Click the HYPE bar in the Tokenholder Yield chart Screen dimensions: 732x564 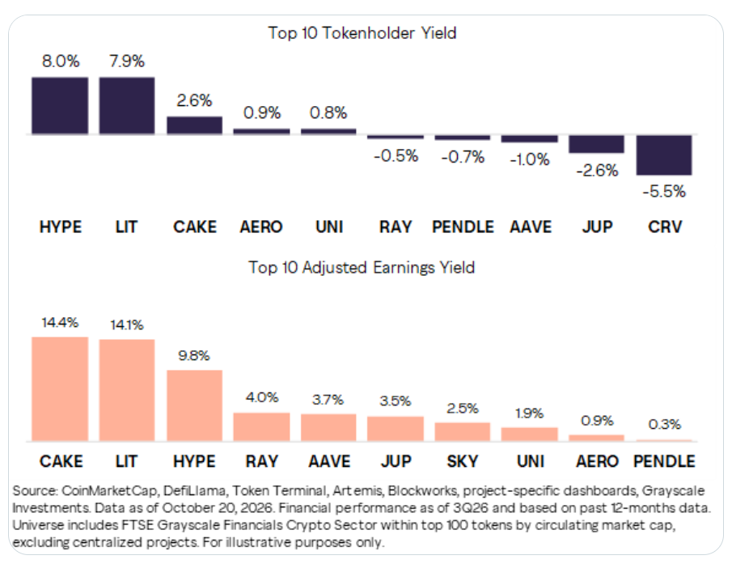(x=60, y=106)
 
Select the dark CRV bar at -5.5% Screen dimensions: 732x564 (x=664, y=155)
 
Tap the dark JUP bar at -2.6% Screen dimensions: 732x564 (x=596, y=144)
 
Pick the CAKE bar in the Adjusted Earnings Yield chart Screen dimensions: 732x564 (x=60, y=389)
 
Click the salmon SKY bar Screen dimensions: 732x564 (x=463, y=432)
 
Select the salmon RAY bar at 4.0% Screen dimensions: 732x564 (x=261, y=426)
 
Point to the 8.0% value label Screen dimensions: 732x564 (x=61, y=61)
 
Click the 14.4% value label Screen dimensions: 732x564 (x=60, y=323)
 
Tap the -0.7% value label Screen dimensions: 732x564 (x=463, y=157)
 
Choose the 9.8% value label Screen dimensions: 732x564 (x=194, y=356)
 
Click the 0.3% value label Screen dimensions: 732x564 (x=665, y=424)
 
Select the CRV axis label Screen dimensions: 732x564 (x=665, y=227)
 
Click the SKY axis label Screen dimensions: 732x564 (x=463, y=461)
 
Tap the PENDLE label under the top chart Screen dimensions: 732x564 (x=463, y=227)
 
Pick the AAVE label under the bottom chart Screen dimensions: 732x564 (x=329, y=461)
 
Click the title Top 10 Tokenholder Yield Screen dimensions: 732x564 (x=362, y=33)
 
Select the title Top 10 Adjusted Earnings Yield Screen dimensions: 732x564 (x=362, y=268)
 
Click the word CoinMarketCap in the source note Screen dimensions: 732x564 (x=110, y=490)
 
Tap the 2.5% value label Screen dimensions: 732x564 (x=463, y=409)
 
